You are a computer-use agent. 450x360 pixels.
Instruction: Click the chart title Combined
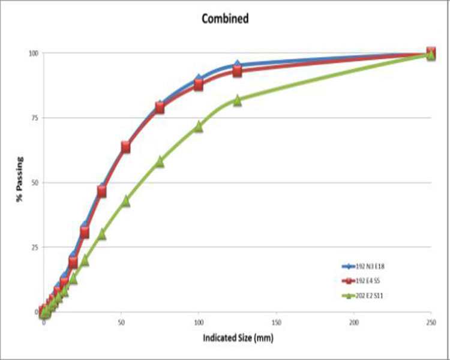point(224,19)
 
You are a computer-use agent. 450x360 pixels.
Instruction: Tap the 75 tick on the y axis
point(34,118)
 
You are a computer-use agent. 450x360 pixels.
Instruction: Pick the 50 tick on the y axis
point(34,183)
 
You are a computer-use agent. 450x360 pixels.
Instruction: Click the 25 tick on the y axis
point(34,248)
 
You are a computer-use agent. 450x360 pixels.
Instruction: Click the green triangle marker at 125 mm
point(238,100)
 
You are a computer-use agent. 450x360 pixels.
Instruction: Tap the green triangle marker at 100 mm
point(199,126)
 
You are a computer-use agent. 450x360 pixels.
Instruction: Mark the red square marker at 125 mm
point(238,71)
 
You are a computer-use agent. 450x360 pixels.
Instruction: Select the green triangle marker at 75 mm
point(160,161)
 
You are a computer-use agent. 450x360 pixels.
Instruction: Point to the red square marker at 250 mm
point(431,52)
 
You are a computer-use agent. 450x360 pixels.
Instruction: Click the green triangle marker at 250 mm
point(431,56)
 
